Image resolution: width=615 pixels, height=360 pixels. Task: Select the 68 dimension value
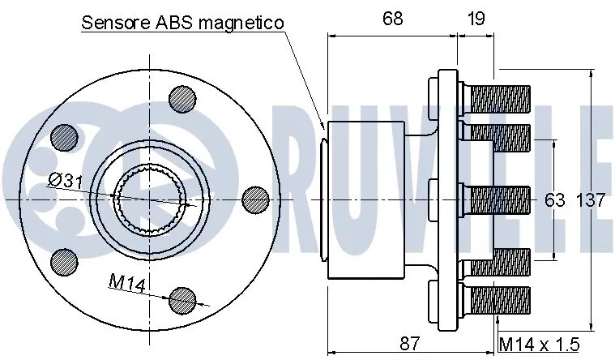(x=392, y=19)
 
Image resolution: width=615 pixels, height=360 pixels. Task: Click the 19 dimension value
(x=477, y=19)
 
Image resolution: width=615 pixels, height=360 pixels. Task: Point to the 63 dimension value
(x=554, y=200)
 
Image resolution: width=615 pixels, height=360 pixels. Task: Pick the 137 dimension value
(x=590, y=200)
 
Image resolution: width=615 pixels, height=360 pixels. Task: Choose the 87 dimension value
(x=410, y=343)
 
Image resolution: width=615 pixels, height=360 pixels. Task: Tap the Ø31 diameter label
(x=65, y=181)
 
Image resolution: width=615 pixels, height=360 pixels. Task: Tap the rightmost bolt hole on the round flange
(x=255, y=199)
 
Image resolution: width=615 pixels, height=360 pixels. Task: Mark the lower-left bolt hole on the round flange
(x=64, y=260)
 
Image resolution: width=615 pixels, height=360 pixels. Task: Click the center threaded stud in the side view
(x=498, y=198)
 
